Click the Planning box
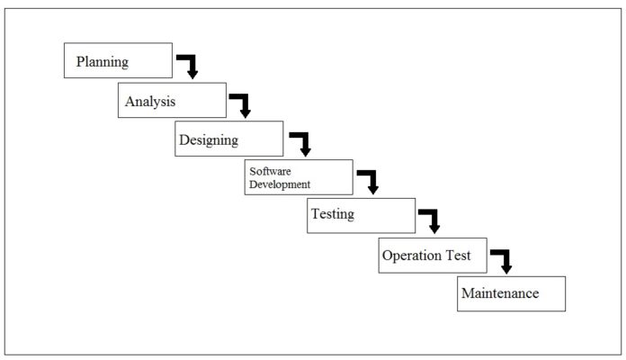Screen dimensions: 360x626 [118, 61]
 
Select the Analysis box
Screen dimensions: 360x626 [172, 100]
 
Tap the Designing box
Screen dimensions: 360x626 [228, 139]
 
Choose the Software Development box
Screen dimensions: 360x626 [299, 177]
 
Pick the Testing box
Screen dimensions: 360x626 [361, 215]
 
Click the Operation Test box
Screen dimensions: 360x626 [432, 255]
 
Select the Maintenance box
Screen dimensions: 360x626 [511, 293]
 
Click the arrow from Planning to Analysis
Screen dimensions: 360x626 [189, 66]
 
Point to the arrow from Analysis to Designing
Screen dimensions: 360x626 [242, 104]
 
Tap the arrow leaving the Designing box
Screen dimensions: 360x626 [301, 143]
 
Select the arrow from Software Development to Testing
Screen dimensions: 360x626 [370, 181]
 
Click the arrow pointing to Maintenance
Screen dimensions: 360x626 [503, 260]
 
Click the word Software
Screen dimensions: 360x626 [271, 171]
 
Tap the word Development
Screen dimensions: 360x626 [280, 184]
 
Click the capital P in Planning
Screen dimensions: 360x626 [81, 62]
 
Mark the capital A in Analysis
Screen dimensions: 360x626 [130, 101]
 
